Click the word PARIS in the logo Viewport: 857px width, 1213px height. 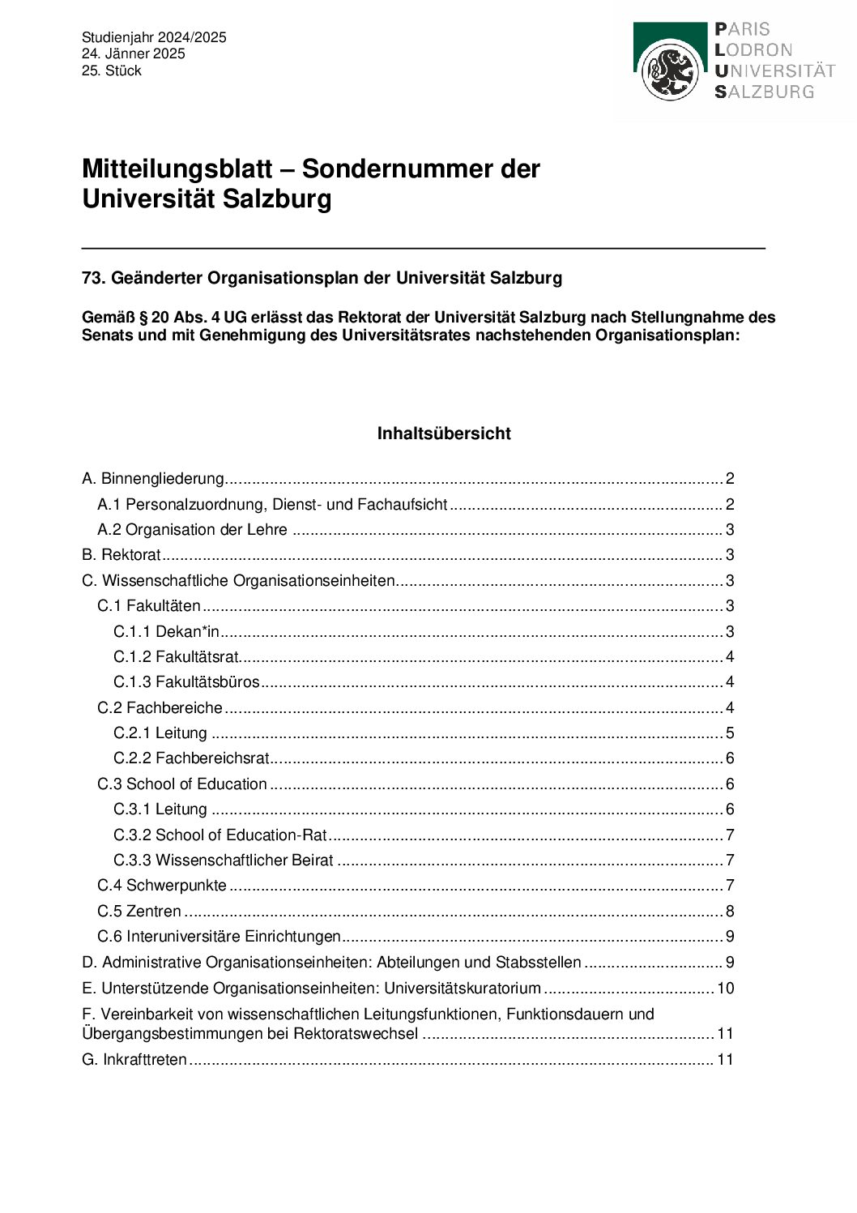point(742,29)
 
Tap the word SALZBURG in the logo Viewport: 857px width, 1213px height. point(764,92)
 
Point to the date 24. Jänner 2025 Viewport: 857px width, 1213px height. point(133,53)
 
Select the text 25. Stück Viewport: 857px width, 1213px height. point(111,70)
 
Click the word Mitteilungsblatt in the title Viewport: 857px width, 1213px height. point(177,169)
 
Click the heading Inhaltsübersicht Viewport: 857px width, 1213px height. point(444,434)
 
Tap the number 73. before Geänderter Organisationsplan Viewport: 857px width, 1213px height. point(94,278)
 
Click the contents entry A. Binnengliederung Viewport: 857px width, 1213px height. point(153,479)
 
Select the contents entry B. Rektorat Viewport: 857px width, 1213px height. point(122,555)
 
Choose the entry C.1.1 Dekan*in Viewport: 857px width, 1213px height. point(166,632)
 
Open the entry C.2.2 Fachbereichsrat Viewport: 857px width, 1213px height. point(191,758)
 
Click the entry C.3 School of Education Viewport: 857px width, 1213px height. point(182,784)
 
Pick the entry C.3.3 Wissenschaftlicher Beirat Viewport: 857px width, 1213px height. point(223,861)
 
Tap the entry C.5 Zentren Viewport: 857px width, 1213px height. point(139,912)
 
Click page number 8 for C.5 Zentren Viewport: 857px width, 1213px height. point(730,912)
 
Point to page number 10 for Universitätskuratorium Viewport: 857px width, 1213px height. point(726,989)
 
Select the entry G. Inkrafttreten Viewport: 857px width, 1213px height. point(134,1060)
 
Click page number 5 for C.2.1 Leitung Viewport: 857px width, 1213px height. point(730,733)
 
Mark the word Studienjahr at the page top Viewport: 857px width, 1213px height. point(118,37)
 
